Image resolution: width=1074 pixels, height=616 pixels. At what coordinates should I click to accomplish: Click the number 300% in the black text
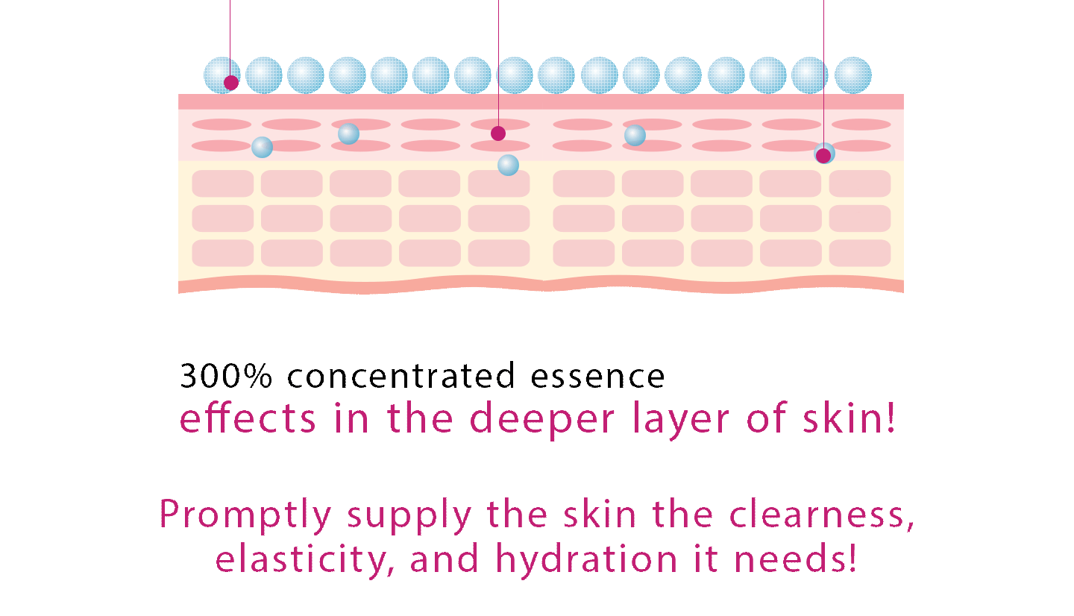click(x=226, y=375)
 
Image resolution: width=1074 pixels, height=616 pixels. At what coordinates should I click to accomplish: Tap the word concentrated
click(x=401, y=375)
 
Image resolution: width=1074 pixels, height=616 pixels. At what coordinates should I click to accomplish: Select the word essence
click(x=597, y=377)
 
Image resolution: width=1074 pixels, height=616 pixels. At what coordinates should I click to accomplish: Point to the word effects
click(x=248, y=418)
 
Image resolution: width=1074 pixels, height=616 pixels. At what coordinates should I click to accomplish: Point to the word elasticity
click(x=305, y=559)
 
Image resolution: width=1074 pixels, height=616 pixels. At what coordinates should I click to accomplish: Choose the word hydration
click(x=586, y=559)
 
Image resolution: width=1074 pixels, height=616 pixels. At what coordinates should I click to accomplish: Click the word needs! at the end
click(x=795, y=559)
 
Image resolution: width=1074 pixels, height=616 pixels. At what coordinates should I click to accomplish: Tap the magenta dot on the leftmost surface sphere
click(x=231, y=83)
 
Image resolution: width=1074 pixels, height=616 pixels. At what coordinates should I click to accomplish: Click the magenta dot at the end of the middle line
click(x=498, y=133)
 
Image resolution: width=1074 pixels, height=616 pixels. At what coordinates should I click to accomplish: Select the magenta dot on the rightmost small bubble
click(x=823, y=156)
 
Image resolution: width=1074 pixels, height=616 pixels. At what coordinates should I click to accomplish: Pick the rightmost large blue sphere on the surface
click(x=853, y=75)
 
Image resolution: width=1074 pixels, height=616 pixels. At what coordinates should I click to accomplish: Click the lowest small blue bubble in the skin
click(x=508, y=166)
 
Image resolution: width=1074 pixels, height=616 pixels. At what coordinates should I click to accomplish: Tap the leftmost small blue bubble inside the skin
click(x=263, y=147)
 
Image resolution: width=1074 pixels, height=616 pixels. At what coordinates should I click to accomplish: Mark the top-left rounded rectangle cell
click(x=222, y=183)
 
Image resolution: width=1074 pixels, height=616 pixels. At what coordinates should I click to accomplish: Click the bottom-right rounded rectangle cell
click(x=860, y=253)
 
